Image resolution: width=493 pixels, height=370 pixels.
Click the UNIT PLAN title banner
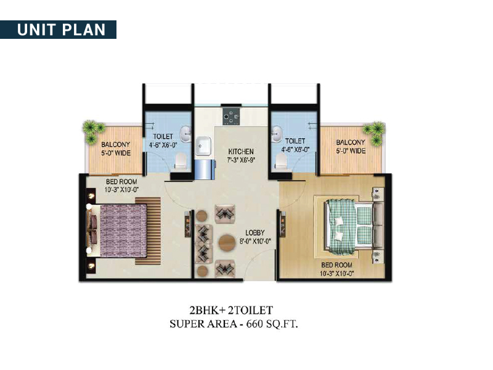tap(58, 30)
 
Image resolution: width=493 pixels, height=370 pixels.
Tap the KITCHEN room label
tap(241, 151)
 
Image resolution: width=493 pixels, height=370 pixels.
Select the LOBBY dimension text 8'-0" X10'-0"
tap(255, 241)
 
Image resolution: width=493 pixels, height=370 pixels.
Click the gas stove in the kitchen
tap(230, 117)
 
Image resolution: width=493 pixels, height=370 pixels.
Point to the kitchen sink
tap(203, 146)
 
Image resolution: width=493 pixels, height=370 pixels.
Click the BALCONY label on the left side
tap(116, 144)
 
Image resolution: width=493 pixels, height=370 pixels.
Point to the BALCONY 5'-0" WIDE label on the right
tap(351, 147)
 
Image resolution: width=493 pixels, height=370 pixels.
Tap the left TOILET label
tap(163, 136)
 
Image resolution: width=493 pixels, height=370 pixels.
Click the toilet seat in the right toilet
tap(281, 161)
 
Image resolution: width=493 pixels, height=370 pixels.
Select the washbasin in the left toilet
tap(186, 133)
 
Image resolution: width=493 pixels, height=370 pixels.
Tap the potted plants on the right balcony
tap(375, 133)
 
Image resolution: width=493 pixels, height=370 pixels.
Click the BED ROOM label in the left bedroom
tap(121, 181)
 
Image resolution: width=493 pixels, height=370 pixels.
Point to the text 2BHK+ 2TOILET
tap(231, 310)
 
